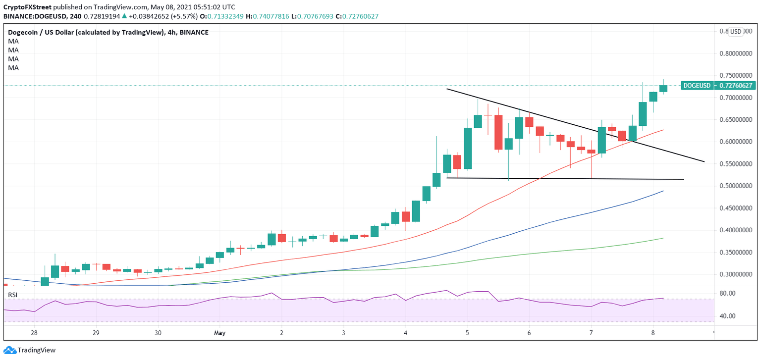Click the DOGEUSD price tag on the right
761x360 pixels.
tap(718, 86)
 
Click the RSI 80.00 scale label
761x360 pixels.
tap(727, 293)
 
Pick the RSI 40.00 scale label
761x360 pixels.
tap(727, 316)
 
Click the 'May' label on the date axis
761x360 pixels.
tap(219, 333)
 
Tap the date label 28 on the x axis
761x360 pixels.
tap(34, 333)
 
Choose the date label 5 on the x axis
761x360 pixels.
tap(467, 333)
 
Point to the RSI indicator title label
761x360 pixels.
tap(12, 295)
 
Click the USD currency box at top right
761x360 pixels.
tap(736, 32)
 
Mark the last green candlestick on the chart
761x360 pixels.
tap(663, 89)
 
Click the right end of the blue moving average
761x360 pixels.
tap(663, 191)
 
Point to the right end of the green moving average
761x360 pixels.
tap(663, 238)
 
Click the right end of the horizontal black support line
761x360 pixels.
tap(684, 179)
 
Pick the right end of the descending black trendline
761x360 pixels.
tap(704, 161)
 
